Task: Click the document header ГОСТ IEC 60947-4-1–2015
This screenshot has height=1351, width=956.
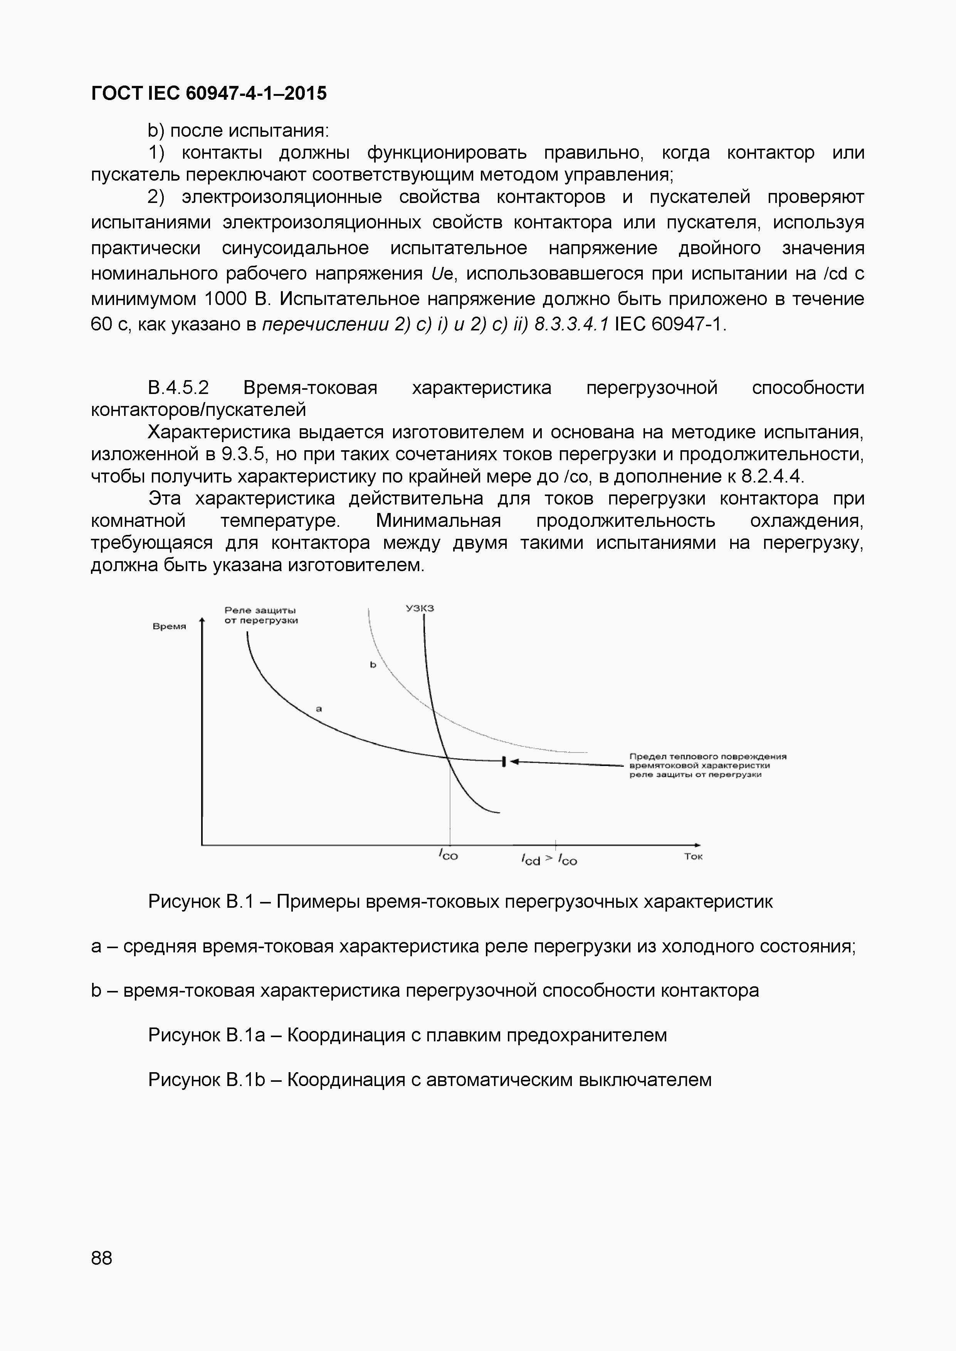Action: point(208,93)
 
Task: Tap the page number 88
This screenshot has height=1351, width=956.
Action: point(101,1259)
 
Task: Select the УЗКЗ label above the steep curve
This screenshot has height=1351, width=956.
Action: point(419,608)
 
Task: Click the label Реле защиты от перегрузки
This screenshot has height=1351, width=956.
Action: point(261,615)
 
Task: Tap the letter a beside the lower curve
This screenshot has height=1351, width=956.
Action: point(319,709)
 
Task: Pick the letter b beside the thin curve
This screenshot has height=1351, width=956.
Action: point(373,665)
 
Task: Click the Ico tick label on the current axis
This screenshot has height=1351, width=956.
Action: point(449,855)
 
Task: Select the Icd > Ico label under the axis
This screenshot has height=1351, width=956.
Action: point(549,860)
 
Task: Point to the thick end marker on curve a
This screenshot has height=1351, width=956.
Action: point(504,761)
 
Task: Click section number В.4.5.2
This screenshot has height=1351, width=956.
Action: point(178,388)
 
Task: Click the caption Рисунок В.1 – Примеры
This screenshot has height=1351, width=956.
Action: point(460,902)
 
